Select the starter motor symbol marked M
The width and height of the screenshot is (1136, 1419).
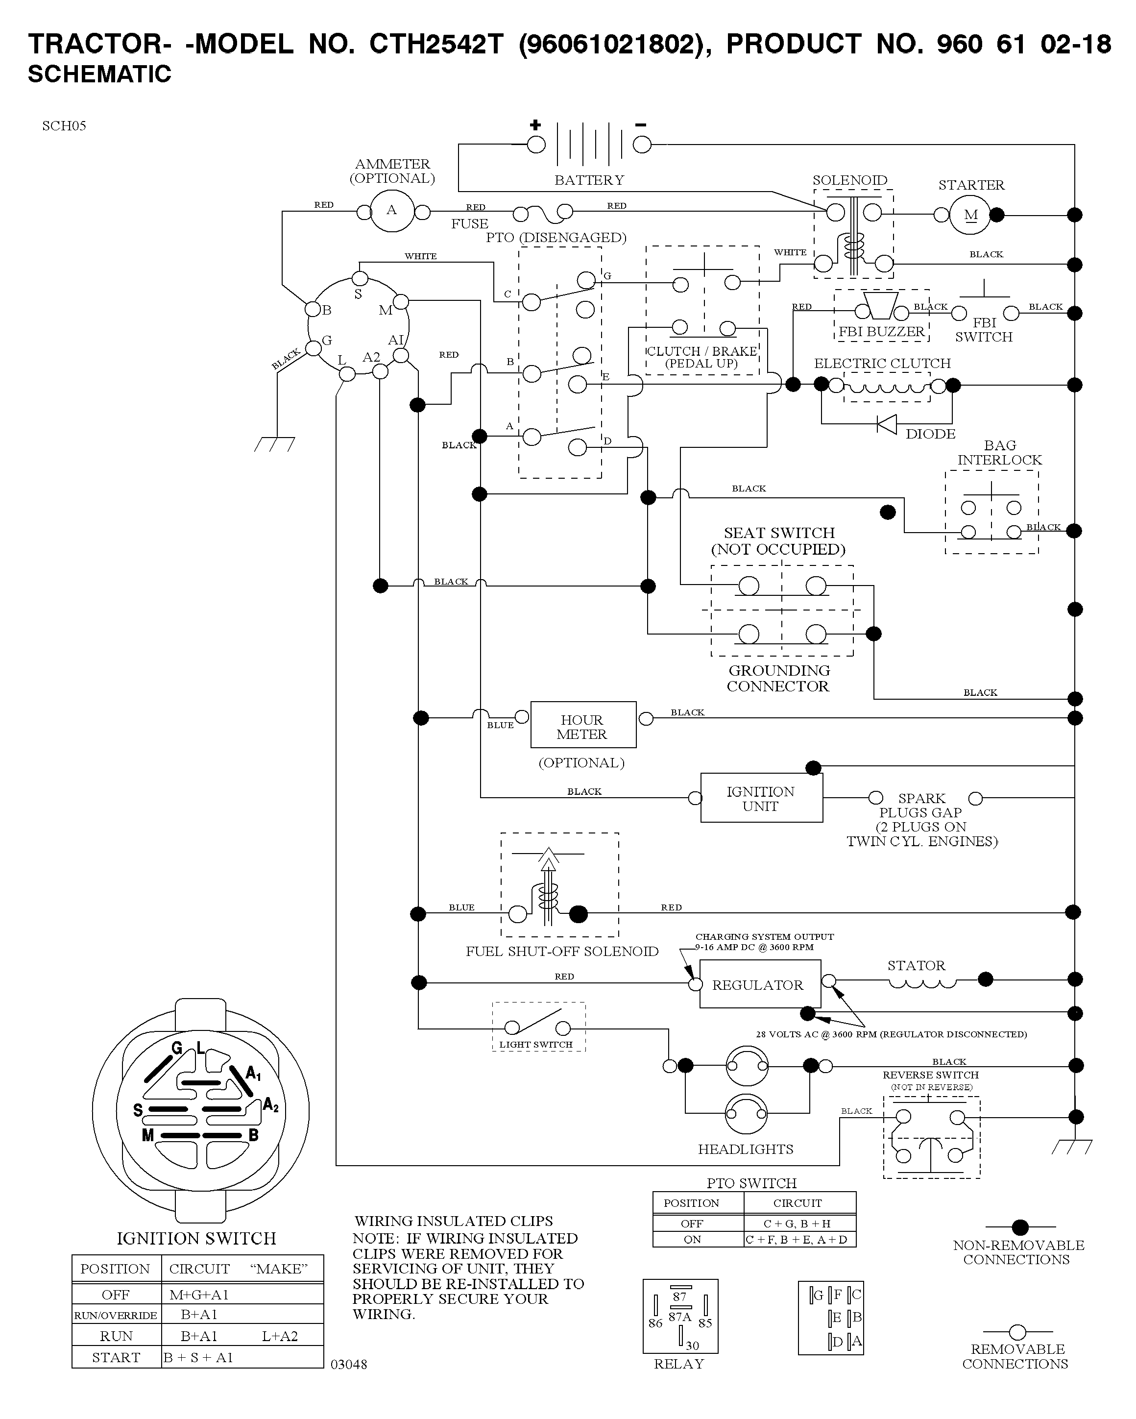coord(970,215)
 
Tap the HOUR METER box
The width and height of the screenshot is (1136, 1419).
coord(583,725)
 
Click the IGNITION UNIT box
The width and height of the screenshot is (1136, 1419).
coord(762,798)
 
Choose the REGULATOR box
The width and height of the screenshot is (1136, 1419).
coord(760,984)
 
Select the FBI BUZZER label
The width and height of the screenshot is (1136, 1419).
coord(881,332)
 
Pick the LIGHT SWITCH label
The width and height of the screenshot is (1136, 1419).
coord(536,1045)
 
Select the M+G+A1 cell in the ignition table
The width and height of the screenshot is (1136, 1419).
coord(199,1295)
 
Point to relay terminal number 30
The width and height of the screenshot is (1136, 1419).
coord(692,1346)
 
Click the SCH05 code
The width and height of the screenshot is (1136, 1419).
coord(64,126)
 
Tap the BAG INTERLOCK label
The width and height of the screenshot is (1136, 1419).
coord(1000,453)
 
